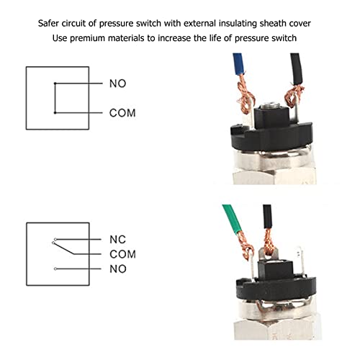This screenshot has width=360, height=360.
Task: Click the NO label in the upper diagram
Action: (x=117, y=84)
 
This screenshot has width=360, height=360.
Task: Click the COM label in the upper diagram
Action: (x=122, y=113)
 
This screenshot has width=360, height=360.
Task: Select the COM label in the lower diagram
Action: (x=122, y=254)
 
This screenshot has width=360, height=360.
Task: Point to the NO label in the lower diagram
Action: (x=117, y=268)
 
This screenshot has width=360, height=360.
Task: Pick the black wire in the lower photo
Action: (x=268, y=217)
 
